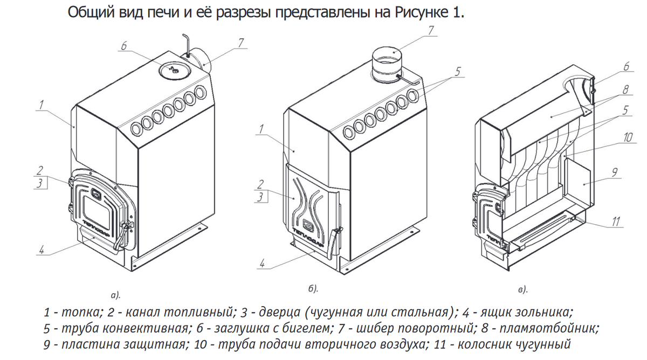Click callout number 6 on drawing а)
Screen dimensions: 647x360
tap(125, 47)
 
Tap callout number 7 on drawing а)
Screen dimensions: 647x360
tap(240, 41)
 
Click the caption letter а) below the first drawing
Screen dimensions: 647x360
tap(115, 295)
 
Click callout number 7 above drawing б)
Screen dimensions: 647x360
tap(431, 31)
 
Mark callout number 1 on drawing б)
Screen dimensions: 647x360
tap(261, 129)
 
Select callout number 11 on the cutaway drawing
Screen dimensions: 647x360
tap(616, 221)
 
